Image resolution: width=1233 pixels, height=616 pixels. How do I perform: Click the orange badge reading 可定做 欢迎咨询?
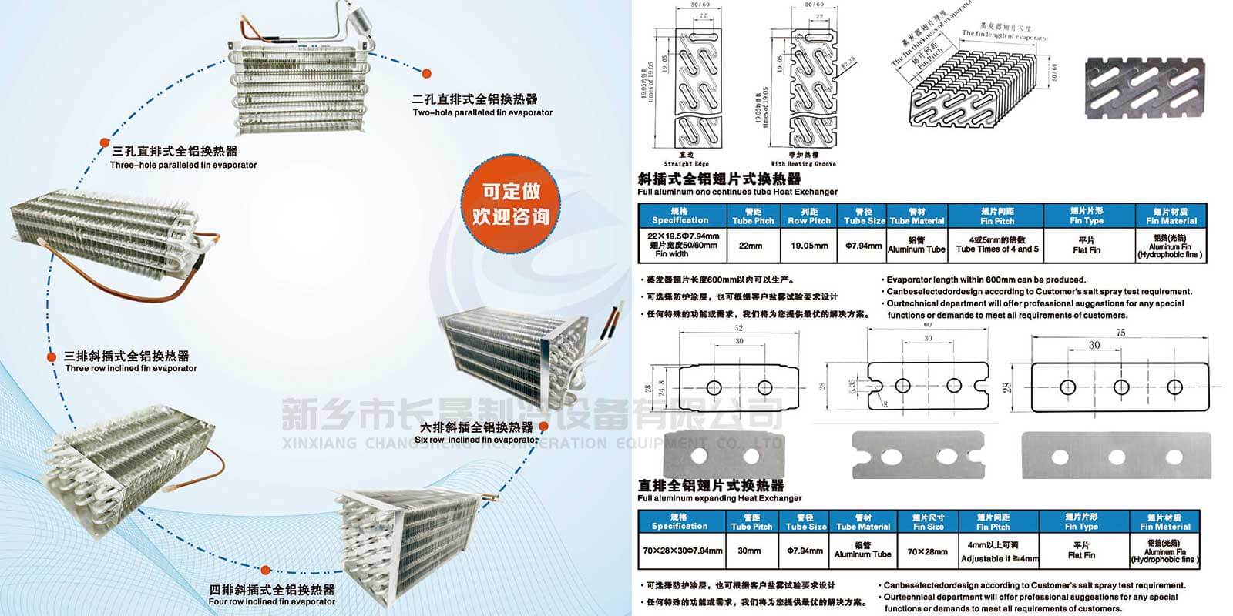coord(511,203)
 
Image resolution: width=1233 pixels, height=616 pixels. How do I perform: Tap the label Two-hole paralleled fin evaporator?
coord(482,113)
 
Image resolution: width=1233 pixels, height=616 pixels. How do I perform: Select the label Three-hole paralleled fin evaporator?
coord(183,165)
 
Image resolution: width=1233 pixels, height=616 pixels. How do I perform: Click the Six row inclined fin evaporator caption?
coord(476,440)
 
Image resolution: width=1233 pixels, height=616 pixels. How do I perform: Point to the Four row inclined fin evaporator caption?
coord(271,601)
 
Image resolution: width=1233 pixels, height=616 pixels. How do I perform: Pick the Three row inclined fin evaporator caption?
coord(131,368)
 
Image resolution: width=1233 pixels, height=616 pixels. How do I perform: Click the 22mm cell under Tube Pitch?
coord(750,246)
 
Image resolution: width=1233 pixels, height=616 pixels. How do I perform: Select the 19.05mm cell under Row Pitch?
coord(809,246)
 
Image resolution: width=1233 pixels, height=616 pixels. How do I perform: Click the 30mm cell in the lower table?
coord(749,551)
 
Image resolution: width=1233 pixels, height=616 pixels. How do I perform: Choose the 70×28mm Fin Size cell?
coord(928,551)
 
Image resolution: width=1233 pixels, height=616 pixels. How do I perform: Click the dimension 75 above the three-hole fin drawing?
coord(1120,333)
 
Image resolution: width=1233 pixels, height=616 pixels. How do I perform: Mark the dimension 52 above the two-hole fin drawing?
coord(739,329)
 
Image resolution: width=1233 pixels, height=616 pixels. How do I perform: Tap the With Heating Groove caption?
coord(803,164)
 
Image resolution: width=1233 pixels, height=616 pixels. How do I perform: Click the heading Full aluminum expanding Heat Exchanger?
coord(720,498)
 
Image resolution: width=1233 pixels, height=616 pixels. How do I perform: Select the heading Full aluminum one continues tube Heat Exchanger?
coord(737,192)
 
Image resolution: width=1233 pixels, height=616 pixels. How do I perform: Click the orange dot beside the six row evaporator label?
coord(543,426)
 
